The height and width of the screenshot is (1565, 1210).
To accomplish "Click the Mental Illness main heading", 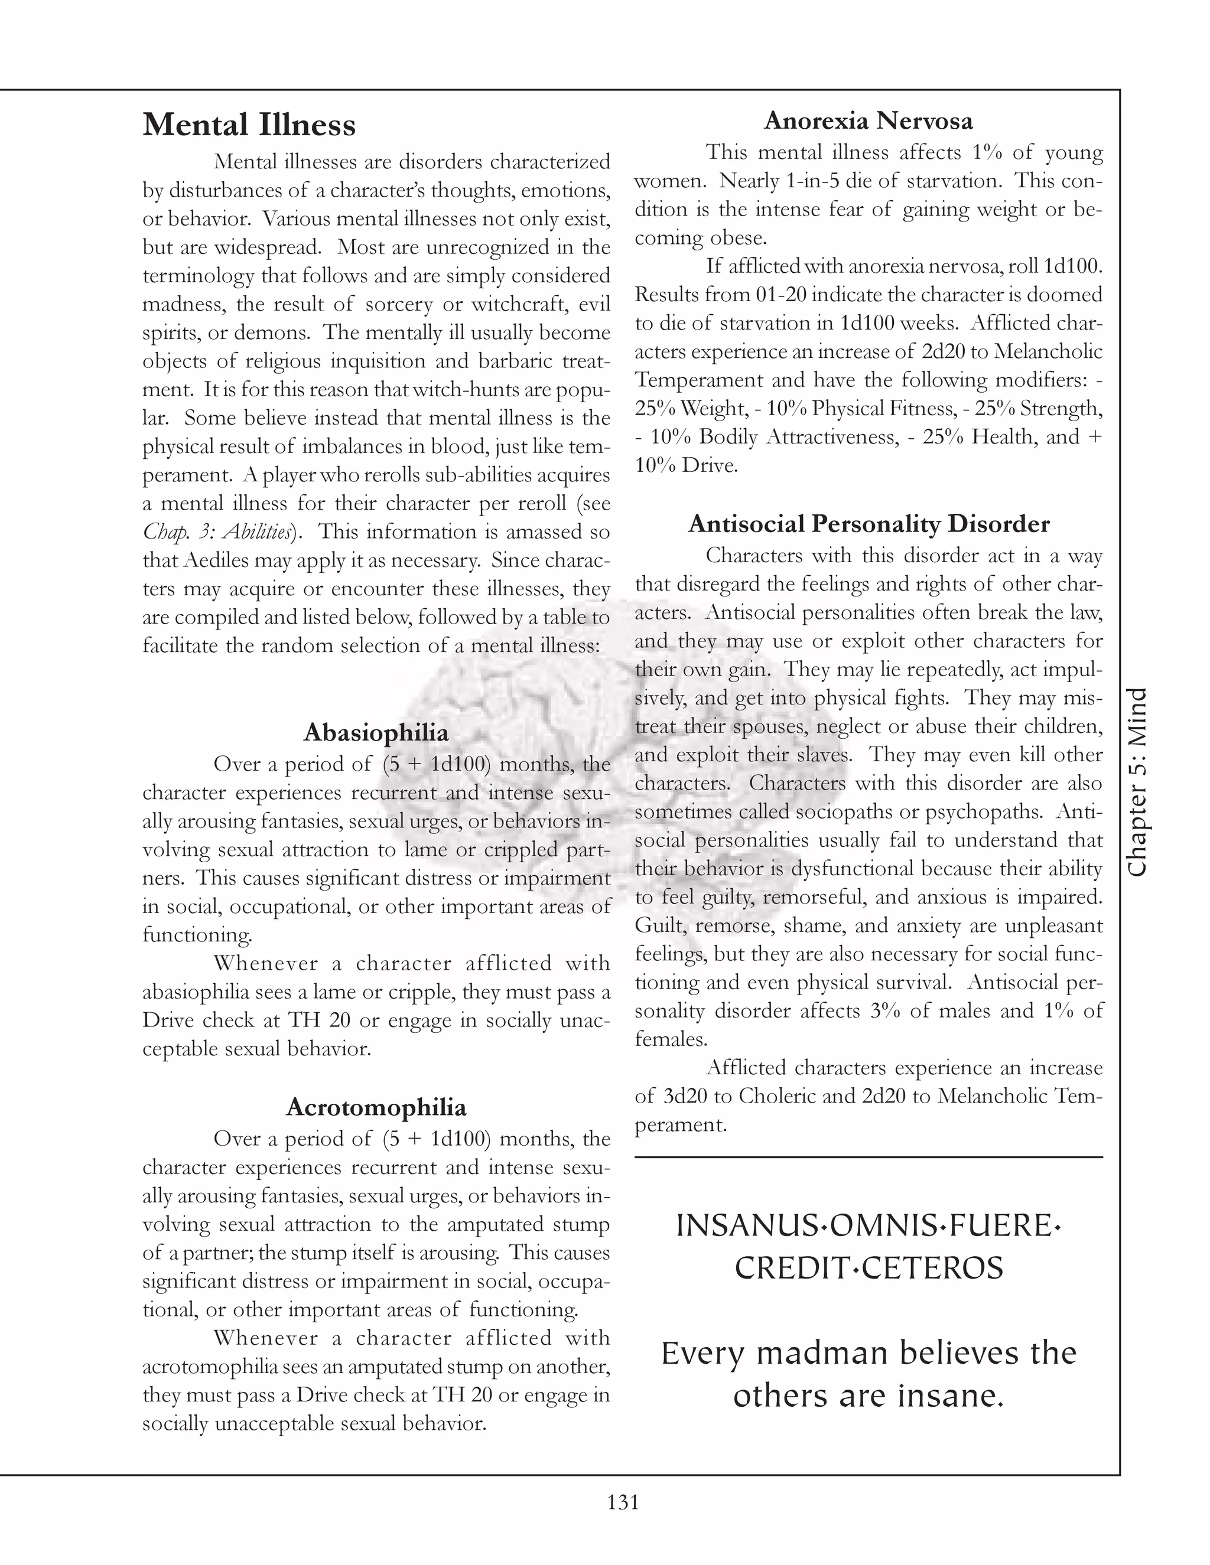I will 249,125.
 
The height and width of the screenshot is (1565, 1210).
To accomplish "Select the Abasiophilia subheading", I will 376,732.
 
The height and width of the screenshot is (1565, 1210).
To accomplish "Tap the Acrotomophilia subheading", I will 376,1107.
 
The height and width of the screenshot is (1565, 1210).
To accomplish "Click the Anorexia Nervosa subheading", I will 868,120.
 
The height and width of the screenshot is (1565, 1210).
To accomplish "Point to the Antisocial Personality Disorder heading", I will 868,524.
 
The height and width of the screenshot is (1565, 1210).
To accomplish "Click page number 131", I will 622,1502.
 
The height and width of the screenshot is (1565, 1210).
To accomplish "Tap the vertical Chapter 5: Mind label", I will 1137,782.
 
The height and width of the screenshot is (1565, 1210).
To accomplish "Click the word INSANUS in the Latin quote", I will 743,1226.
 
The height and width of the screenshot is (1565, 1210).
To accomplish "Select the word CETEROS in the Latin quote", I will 932,1269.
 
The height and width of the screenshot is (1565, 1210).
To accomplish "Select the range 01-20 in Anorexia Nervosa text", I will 783,295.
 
